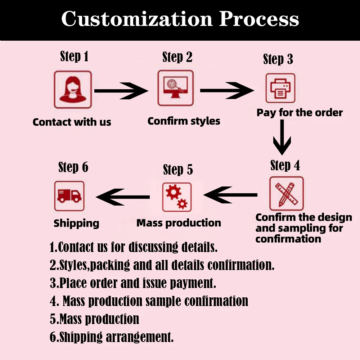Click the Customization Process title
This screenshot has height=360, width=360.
tap(180, 18)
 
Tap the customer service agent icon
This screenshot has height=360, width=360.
tap(73, 90)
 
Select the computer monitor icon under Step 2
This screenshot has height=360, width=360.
tap(176, 88)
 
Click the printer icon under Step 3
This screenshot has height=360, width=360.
tap(280, 88)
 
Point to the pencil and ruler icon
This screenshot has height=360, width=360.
tap(286, 193)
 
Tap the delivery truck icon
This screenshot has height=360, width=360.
tap(69, 196)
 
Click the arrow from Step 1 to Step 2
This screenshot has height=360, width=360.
tap(121, 91)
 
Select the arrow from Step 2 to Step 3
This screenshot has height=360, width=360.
tap(227, 90)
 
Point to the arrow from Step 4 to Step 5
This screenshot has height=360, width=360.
tap(230, 195)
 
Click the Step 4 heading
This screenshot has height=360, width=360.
tap(285, 165)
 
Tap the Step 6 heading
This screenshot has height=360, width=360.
tap(73, 167)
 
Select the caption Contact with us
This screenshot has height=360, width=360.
tap(72, 122)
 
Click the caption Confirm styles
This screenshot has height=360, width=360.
tap(184, 121)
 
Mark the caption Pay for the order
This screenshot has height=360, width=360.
tap(300, 113)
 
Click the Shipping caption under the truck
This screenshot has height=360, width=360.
tap(76, 223)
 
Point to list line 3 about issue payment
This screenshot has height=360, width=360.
tap(133, 283)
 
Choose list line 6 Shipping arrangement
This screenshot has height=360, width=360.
tap(112, 337)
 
